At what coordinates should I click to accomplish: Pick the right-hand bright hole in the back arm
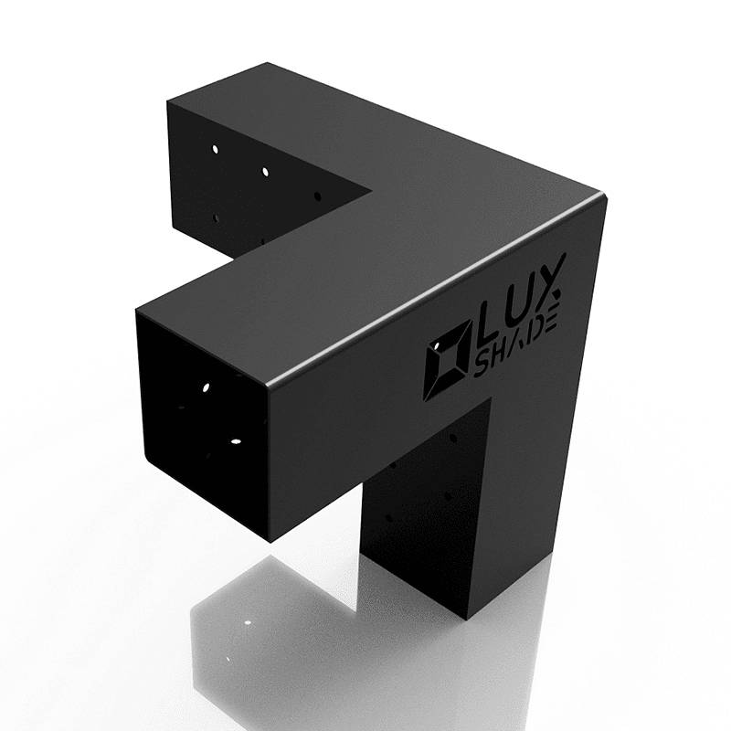[265, 171]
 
